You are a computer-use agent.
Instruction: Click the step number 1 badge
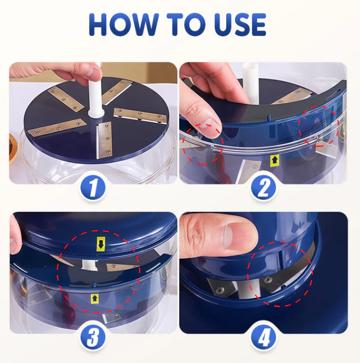93,188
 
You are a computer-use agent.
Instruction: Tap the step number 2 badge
264,188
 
